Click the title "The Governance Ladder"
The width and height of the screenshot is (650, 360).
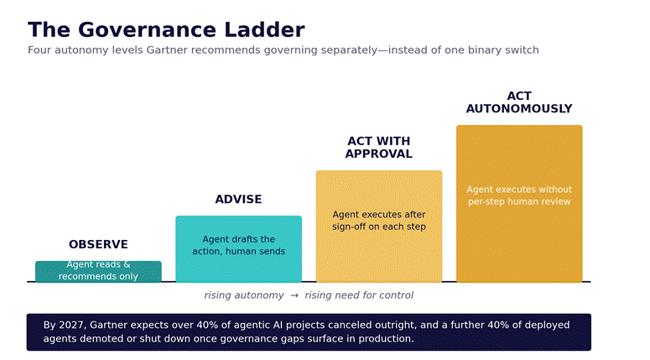click(166, 30)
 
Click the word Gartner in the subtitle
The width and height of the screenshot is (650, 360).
click(167, 50)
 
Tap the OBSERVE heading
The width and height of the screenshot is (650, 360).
click(98, 244)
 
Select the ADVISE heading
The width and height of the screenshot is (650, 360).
click(238, 199)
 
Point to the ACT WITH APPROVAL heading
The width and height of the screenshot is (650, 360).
click(379, 147)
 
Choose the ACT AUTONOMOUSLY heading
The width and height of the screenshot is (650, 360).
click(519, 102)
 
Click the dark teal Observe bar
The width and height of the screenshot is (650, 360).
click(98, 272)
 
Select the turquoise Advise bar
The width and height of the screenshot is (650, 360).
click(238, 249)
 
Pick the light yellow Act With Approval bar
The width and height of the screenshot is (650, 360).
click(379, 227)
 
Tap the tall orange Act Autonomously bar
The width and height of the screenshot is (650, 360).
click(519, 204)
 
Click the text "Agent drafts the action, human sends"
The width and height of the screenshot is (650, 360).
click(238, 245)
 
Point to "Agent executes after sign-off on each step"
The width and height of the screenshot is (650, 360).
click(379, 220)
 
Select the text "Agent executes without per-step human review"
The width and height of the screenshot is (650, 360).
click(519, 196)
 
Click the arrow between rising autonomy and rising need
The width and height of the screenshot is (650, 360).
click(294, 295)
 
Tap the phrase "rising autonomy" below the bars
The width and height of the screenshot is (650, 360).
click(244, 295)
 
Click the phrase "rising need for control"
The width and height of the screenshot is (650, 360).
click(359, 295)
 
